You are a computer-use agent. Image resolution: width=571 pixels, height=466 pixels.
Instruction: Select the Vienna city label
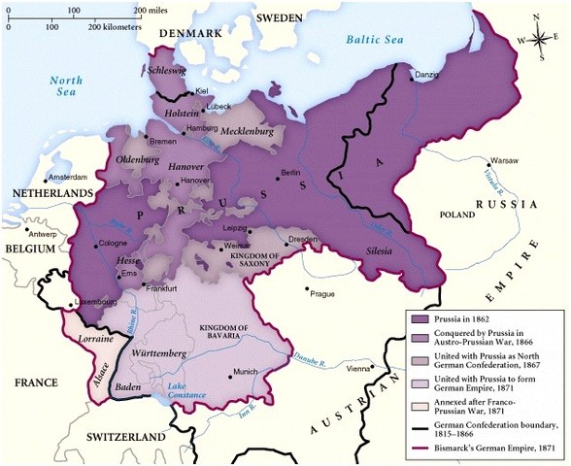tap(358, 369)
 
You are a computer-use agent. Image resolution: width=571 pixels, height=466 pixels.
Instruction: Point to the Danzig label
tap(427, 75)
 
